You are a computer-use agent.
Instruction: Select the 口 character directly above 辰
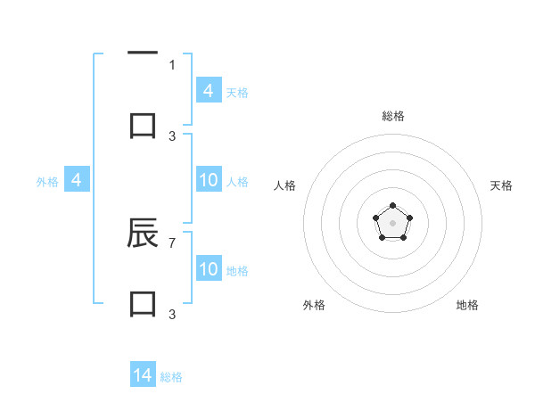(x=143, y=125)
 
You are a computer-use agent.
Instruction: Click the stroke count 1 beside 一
(x=172, y=64)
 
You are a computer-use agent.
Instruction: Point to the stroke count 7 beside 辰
(x=172, y=242)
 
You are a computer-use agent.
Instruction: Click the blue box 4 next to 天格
(x=209, y=91)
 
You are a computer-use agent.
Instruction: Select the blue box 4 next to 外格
(x=77, y=181)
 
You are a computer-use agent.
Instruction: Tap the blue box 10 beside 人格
(x=209, y=181)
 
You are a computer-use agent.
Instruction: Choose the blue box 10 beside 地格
(x=209, y=269)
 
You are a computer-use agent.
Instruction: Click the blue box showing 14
(x=143, y=375)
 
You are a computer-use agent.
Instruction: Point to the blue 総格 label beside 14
(x=171, y=377)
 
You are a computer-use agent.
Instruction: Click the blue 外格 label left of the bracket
(x=47, y=182)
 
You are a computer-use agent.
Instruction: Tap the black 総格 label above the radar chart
(x=392, y=116)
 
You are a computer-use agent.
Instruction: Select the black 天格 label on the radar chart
(x=501, y=185)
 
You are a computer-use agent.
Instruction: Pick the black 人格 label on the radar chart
(x=285, y=185)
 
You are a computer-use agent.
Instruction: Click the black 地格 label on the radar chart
(x=467, y=305)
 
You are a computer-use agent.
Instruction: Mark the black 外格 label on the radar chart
(x=314, y=305)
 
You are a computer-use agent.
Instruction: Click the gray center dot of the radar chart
(x=392, y=222)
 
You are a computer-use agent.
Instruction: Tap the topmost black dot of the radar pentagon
(x=392, y=206)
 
